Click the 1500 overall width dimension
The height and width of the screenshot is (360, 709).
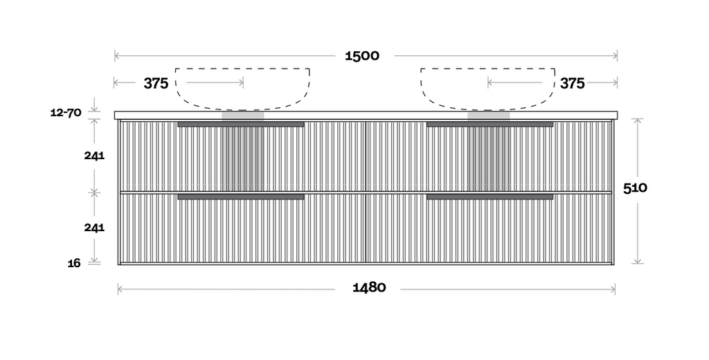pos(362,55)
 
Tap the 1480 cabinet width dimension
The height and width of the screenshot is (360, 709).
pos(369,287)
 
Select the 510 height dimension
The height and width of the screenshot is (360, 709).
pos(635,188)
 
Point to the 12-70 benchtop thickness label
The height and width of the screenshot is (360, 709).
pos(66,113)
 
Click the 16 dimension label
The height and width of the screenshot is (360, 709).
pos(74,263)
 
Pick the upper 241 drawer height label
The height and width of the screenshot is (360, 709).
pos(94,156)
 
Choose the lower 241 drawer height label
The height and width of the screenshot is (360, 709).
pos(94,228)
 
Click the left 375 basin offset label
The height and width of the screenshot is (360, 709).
pos(156,83)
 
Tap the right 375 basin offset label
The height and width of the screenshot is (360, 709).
pos(573,83)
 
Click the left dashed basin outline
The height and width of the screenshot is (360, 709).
pos(242,89)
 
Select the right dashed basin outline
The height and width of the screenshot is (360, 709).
pos(488,89)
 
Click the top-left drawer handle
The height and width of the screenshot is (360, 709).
pos(241,124)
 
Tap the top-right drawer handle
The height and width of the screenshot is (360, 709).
pos(490,124)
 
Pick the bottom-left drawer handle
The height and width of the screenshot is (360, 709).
pos(241,197)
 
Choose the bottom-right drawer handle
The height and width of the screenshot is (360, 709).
pos(490,197)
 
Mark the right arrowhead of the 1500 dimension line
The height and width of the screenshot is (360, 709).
pos(616,56)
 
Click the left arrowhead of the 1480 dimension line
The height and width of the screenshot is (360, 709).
pos(120,289)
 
